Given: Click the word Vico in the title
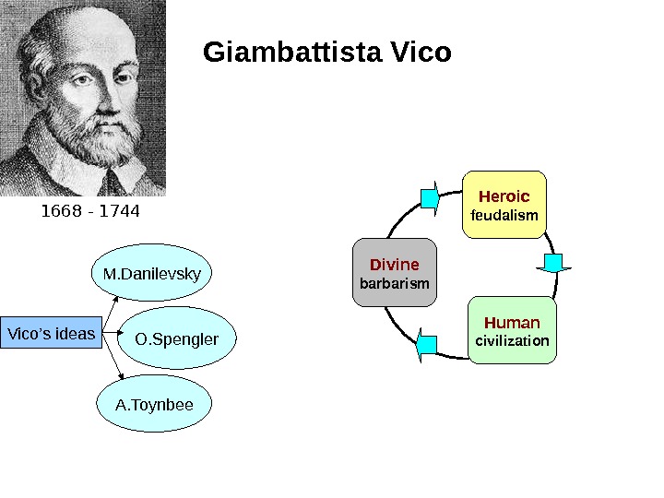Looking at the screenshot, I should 421,53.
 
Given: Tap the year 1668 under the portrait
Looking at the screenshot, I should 61,212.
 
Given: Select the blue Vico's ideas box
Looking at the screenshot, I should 51,333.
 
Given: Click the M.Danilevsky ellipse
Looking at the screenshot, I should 152,274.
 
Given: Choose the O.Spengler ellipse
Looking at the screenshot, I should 177,339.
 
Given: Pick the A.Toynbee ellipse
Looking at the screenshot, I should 153,404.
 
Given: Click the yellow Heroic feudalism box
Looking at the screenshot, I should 504,205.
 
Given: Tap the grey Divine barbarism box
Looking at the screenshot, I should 394,274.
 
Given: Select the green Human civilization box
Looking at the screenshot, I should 512,330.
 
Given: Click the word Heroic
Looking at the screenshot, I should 504,196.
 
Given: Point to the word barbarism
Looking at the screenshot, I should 394,283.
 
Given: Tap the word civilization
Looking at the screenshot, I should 512,341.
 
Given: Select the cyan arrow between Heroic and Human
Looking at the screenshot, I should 553,264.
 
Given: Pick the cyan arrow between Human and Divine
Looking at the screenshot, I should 427,346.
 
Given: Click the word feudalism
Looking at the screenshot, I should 504,216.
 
